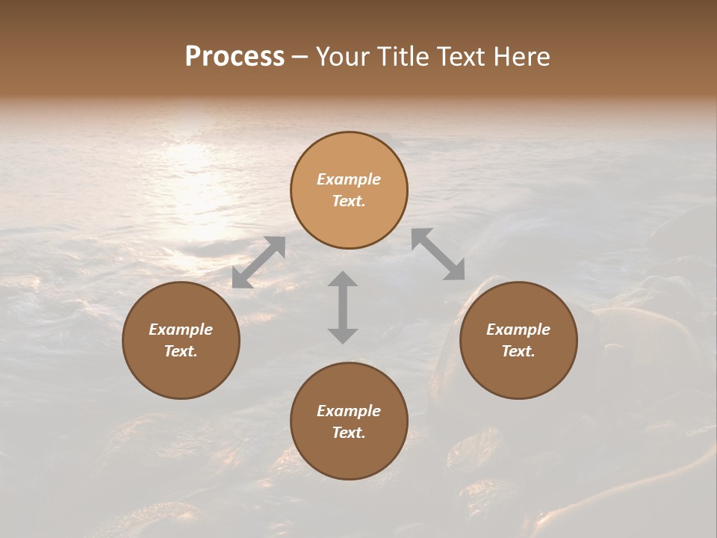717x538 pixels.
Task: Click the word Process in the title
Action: point(235,57)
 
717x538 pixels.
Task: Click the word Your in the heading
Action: point(342,57)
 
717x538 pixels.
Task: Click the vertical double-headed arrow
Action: point(343,307)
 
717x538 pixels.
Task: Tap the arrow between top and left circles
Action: point(258,262)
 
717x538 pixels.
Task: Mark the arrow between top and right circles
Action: point(438,254)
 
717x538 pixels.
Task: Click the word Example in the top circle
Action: point(349,179)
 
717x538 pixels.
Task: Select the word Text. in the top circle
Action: point(349,201)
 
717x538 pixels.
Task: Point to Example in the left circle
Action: point(181,330)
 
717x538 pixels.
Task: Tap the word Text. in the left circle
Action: point(181,351)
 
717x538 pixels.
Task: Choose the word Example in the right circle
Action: point(518,330)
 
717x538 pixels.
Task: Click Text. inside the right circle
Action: point(518,351)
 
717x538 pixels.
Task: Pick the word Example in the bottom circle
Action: point(349,411)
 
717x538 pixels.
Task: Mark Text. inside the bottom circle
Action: point(349,433)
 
